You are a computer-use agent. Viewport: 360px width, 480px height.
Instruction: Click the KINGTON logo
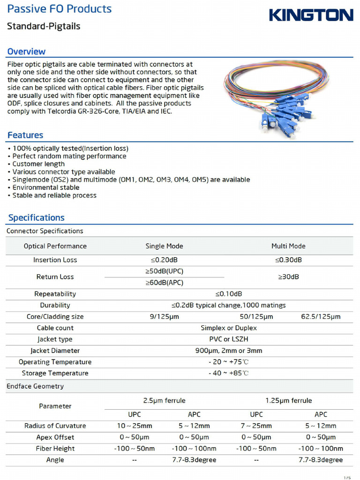(311, 15)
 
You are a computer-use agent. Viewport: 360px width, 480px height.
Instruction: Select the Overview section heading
(26, 52)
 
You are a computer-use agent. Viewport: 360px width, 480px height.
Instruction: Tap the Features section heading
(25, 135)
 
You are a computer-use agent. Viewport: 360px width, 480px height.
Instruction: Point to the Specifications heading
(37, 217)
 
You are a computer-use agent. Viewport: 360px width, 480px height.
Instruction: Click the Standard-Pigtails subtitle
(44, 26)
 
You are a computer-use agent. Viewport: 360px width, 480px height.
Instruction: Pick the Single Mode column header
(164, 246)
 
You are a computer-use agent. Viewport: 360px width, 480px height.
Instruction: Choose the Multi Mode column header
(288, 246)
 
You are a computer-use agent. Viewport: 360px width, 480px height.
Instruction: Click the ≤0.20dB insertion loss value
(164, 260)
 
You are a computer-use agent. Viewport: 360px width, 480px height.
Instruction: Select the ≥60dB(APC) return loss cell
(164, 283)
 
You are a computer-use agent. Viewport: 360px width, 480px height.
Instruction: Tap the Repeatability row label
(55, 294)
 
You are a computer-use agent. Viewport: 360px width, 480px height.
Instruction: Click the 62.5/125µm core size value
(321, 316)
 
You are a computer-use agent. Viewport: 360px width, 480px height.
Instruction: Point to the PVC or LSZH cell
(229, 339)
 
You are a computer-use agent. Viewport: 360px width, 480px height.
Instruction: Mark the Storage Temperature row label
(55, 373)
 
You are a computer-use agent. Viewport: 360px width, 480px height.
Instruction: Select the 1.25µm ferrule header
(288, 400)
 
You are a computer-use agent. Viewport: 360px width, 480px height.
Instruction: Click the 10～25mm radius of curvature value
(135, 426)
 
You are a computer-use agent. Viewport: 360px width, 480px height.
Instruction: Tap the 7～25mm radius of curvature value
(256, 426)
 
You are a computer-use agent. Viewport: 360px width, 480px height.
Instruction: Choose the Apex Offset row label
(55, 437)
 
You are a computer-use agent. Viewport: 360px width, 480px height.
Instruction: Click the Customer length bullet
(38, 164)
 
